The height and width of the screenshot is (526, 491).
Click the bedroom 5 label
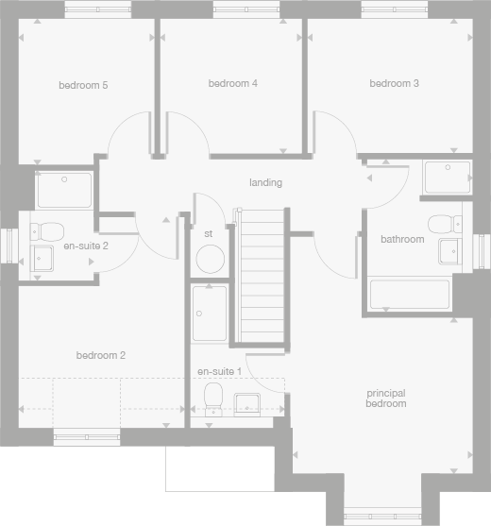pyautogui.click(x=83, y=86)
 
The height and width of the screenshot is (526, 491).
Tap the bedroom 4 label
pyautogui.click(x=233, y=84)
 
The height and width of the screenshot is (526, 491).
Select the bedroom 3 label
pyautogui.click(x=395, y=84)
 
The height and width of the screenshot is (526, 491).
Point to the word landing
pyautogui.click(x=265, y=182)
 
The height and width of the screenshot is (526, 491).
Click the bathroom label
pyautogui.click(x=402, y=240)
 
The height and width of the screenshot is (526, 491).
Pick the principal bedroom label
pyautogui.click(x=386, y=398)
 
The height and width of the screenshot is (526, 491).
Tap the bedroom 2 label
pyautogui.click(x=101, y=356)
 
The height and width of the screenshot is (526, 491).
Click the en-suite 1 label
pyautogui.click(x=219, y=372)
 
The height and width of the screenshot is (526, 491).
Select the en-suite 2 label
pyautogui.click(x=86, y=246)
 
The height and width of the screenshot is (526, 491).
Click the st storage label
pyautogui.click(x=209, y=233)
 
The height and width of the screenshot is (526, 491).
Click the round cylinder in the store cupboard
pyautogui.click(x=209, y=259)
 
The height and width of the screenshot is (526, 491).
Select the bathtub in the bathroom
pyautogui.click(x=409, y=294)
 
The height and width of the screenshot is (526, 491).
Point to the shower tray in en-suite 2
pyautogui.click(x=64, y=190)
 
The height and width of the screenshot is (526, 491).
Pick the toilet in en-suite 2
pyautogui.click(x=48, y=229)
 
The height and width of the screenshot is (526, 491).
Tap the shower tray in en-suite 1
pyautogui.click(x=210, y=314)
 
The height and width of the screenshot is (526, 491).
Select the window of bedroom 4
pyautogui.click(x=232, y=9)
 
